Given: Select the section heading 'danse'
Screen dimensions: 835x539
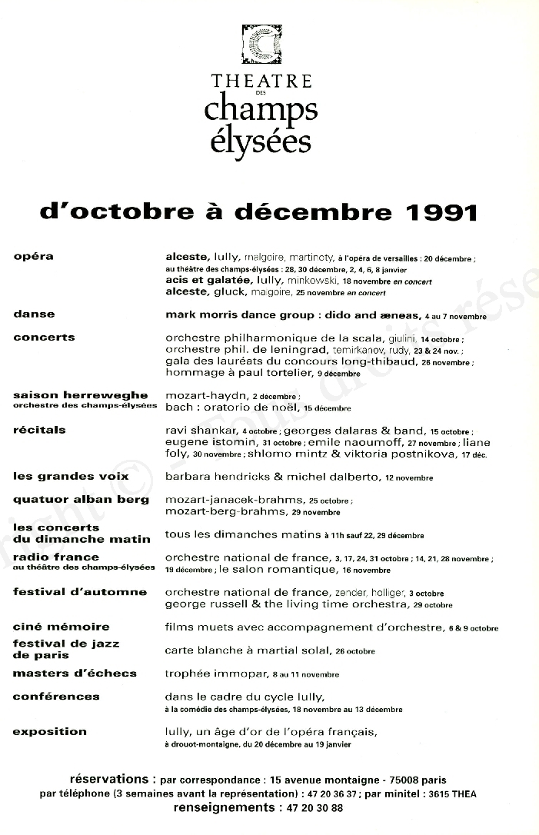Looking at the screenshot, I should [x=34, y=314].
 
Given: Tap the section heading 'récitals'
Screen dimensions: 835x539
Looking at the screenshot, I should [x=39, y=430].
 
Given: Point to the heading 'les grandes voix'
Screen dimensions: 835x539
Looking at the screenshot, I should [x=71, y=476].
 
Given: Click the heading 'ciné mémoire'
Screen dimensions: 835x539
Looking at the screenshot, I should [x=62, y=627].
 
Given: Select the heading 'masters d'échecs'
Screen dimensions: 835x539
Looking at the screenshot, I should [x=75, y=673].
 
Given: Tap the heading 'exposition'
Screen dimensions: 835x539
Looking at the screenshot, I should [x=49, y=731].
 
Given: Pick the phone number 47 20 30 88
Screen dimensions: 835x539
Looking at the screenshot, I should [x=313, y=808].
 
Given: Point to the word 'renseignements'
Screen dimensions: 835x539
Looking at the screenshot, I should [x=223, y=808].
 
